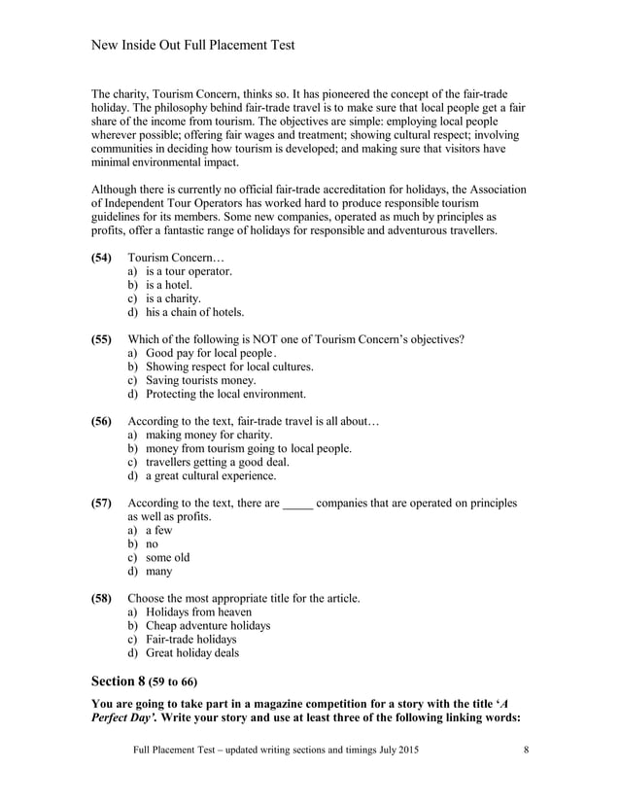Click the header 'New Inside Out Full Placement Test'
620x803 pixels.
[192, 45]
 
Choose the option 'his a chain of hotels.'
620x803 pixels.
[194, 313]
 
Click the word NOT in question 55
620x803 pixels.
[291, 339]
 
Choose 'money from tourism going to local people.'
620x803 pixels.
[248, 449]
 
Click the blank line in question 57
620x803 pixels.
[297, 504]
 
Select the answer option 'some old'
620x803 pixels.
[167, 558]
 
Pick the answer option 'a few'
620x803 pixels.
[159, 531]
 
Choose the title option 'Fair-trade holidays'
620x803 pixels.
[190, 640]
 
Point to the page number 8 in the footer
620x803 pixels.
[526, 751]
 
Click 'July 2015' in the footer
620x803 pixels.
[397, 751]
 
